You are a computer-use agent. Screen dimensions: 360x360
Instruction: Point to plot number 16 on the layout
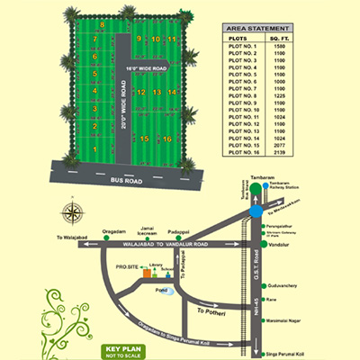point(168,139)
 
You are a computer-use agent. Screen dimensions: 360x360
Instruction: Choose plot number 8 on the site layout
point(102,25)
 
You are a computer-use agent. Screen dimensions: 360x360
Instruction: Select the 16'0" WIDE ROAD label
point(148,68)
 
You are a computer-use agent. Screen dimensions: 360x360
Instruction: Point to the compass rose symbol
point(71,213)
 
